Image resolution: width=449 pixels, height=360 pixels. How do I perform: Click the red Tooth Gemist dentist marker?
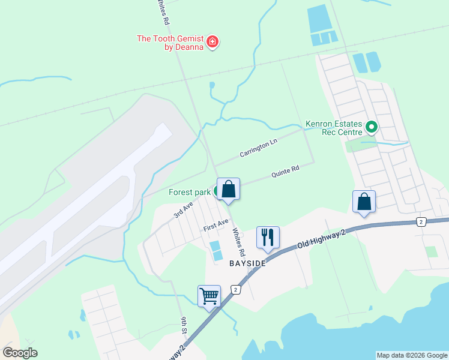(x=212, y=41)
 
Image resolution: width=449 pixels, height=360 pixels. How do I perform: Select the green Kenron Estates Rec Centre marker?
(x=372, y=127)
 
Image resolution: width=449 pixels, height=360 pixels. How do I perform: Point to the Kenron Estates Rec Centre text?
(x=334, y=127)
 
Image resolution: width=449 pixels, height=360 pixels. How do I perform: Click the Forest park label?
(x=189, y=192)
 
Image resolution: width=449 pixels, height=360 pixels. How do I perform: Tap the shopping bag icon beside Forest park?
(x=228, y=189)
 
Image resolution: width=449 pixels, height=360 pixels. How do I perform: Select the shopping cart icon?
(x=209, y=295)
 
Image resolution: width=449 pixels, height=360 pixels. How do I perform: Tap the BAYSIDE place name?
(x=247, y=263)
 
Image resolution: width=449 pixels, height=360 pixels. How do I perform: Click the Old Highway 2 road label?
(x=322, y=239)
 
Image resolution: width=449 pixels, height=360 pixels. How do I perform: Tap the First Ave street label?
(x=215, y=226)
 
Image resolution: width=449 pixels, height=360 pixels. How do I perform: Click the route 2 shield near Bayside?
(x=237, y=290)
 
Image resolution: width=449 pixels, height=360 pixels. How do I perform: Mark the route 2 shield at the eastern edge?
(x=421, y=222)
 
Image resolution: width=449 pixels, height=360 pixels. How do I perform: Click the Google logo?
(x=20, y=353)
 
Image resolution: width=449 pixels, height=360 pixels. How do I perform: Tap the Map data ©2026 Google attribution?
(x=411, y=355)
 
